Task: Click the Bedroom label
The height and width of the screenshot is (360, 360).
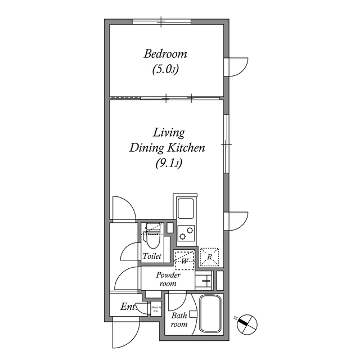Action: point(165,55)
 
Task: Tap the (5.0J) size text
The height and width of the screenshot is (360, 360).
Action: point(165,70)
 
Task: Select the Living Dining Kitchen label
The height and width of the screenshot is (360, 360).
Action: point(166,141)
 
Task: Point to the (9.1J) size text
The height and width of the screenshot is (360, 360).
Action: point(167,164)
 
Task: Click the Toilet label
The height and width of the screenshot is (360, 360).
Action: point(152,256)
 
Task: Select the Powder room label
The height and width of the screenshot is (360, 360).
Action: point(168,279)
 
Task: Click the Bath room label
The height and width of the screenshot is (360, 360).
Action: point(179,320)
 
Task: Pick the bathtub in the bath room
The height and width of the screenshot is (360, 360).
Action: point(211,315)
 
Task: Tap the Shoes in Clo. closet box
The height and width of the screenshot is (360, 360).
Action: point(156,309)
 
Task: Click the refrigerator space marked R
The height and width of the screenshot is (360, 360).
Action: point(209,256)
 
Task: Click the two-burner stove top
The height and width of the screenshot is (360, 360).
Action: point(186,232)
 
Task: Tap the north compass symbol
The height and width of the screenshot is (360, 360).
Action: point(247,323)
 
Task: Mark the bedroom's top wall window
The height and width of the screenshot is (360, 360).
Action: point(161,22)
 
